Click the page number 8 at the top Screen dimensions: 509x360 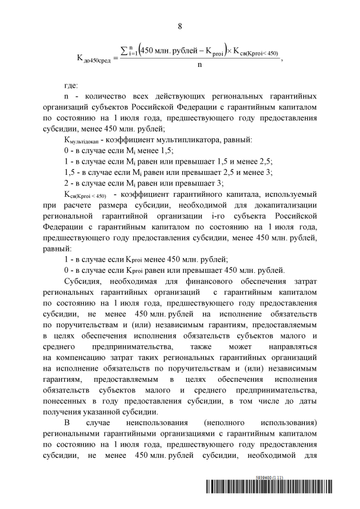[x=180, y=26]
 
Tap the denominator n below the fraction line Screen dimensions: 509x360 [x=200, y=65]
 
